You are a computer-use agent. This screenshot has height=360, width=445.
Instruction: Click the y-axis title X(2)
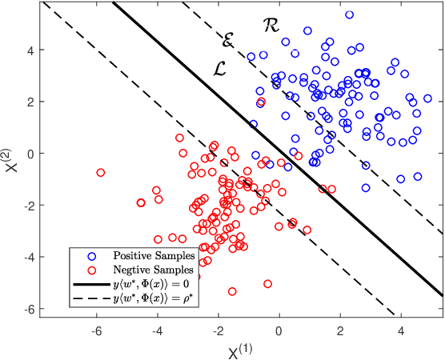[x=10, y=157]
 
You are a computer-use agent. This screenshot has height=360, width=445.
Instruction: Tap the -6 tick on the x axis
[x=96, y=328]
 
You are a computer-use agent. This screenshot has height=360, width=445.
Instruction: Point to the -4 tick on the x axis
[x=157, y=328]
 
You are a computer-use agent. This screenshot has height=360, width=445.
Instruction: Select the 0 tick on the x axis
[x=279, y=328]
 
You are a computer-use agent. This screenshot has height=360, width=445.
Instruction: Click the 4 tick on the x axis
[x=400, y=328]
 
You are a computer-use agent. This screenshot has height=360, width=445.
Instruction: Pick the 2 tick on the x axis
[x=339, y=328]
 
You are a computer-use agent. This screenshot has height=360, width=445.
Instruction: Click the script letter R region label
[x=271, y=26]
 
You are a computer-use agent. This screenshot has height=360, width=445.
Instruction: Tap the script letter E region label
[x=229, y=38]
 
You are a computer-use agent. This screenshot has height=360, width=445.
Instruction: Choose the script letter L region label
[x=222, y=68]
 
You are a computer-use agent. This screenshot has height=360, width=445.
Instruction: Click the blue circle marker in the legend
[x=93, y=256]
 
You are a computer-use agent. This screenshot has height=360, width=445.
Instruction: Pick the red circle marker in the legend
[x=93, y=270]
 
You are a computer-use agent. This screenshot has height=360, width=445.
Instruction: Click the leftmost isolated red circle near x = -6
[x=101, y=173]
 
